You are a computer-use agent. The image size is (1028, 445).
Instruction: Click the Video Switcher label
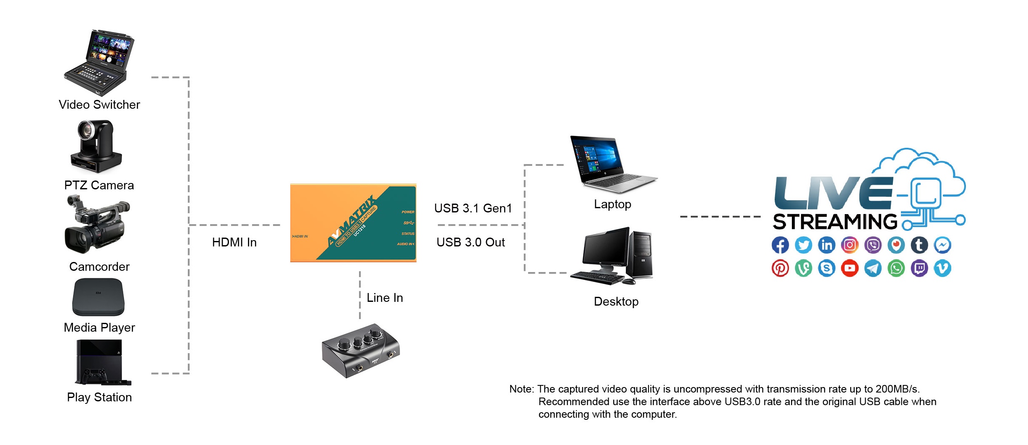[99, 105]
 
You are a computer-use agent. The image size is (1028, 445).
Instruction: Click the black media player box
[99, 297]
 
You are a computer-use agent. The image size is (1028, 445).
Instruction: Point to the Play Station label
[99, 397]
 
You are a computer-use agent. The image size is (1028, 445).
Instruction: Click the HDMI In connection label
[234, 242]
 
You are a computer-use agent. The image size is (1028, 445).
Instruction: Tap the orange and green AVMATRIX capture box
[353, 223]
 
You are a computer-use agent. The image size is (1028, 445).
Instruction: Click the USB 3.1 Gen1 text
[473, 208]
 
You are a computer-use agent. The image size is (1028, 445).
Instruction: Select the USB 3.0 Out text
[471, 242]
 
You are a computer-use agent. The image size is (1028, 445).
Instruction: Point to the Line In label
[385, 298]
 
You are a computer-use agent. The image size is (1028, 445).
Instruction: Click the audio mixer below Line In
[361, 350]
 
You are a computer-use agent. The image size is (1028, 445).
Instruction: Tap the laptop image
[612, 164]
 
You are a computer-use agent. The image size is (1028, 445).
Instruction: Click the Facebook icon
[780, 245]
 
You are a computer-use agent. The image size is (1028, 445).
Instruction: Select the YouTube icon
[850, 268]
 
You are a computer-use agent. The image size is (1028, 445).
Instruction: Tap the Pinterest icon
[780, 268]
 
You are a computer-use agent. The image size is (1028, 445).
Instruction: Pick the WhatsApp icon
[896, 268]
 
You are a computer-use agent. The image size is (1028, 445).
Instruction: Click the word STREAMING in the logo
[835, 222]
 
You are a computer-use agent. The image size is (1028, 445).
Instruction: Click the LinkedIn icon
[827, 245]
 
